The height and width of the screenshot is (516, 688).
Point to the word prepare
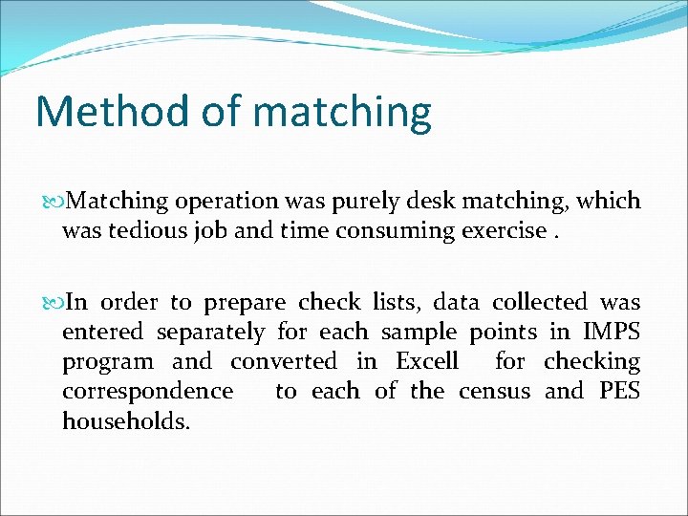tap(245, 303)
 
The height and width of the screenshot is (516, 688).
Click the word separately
tap(210, 333)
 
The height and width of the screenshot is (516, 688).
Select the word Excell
tap(427, 361)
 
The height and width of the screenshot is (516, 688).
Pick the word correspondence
tap(147, 391)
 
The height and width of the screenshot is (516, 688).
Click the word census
tap(494, 391)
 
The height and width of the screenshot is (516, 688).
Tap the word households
tap(126, 420)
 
